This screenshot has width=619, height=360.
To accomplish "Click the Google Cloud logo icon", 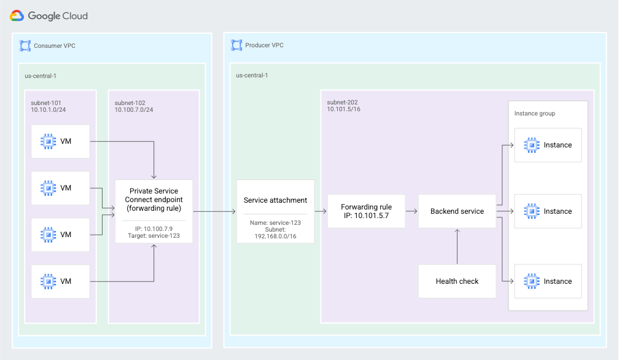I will click(x=17, y=16).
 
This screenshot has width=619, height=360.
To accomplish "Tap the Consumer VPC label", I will click(x=55, y=45).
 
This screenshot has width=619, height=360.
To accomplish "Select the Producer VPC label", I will click(x=264, y=45).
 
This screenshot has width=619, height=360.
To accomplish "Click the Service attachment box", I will click(x=275, y=200).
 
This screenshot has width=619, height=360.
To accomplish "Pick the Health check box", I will click(x=457, y=281).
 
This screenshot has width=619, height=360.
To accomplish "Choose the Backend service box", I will click(x=457, y=211).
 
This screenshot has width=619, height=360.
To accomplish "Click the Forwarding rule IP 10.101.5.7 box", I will click(x=366, y=211).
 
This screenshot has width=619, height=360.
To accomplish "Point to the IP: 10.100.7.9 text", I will click(x=154, y=229).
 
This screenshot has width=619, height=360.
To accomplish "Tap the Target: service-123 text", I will click(x=154, y=235).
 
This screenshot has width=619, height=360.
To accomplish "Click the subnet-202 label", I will click(x=342, y=102).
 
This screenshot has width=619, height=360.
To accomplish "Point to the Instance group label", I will click(x=535, y=114).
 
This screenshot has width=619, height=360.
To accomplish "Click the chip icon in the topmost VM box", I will click(x=47, y=141).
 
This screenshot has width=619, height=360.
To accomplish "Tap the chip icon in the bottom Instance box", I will click(x=531, y=281).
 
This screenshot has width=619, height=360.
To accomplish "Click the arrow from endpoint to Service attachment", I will click(x=214, y=211).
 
